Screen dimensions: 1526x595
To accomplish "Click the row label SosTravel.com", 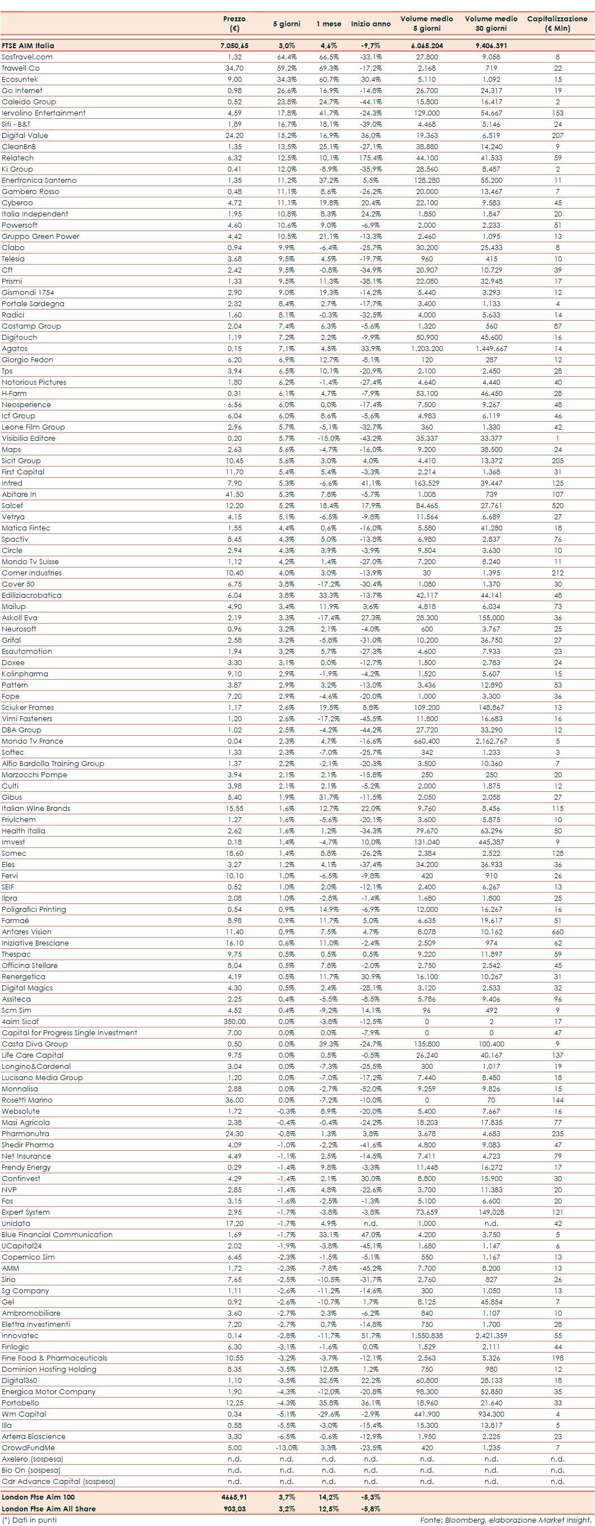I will point(27,57).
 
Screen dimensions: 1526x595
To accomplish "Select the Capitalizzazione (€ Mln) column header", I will point(557,23).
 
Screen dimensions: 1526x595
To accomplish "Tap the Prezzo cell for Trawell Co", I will point(234,68).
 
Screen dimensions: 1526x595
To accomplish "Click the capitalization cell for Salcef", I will point(557,505).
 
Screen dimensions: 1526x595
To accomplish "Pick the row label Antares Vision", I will point(27,932).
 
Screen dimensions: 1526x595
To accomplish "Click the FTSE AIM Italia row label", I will point(28,45).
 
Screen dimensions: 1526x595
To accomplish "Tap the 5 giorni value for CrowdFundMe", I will point(287,1448).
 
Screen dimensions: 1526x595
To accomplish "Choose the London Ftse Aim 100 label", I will point(38,1497).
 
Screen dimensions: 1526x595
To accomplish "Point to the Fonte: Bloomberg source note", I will point(506,1520).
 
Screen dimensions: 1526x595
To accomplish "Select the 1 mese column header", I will point(328,24).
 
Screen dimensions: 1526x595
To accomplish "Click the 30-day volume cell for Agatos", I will point(491,348).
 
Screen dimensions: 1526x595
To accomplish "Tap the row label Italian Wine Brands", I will point(35,809).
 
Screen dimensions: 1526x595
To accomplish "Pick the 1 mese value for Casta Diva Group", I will point(328,1044).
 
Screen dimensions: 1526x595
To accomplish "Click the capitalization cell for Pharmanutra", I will point(557,1134).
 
